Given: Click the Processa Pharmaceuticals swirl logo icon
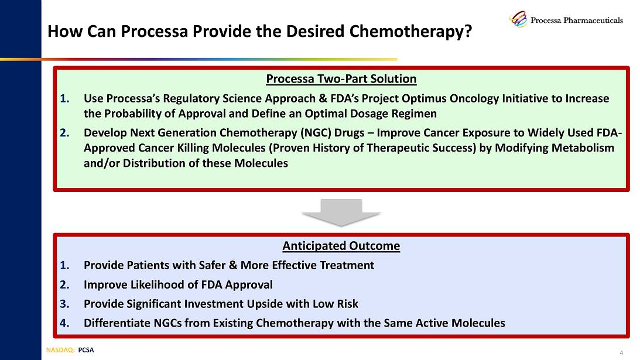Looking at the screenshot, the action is (x=518, y=19).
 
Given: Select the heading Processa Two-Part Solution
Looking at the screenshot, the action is (x=341, y=79).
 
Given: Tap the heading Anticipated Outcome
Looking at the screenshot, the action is (x=341, y=246).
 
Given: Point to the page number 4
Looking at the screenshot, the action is (x=621, y=352).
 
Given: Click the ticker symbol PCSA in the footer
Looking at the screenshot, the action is (x=85, y=350).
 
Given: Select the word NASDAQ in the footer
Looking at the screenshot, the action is (x=60, y=350).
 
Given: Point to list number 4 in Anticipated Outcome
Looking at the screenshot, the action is (x=64, y=323).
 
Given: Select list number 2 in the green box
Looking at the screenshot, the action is (x=64, y=133).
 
